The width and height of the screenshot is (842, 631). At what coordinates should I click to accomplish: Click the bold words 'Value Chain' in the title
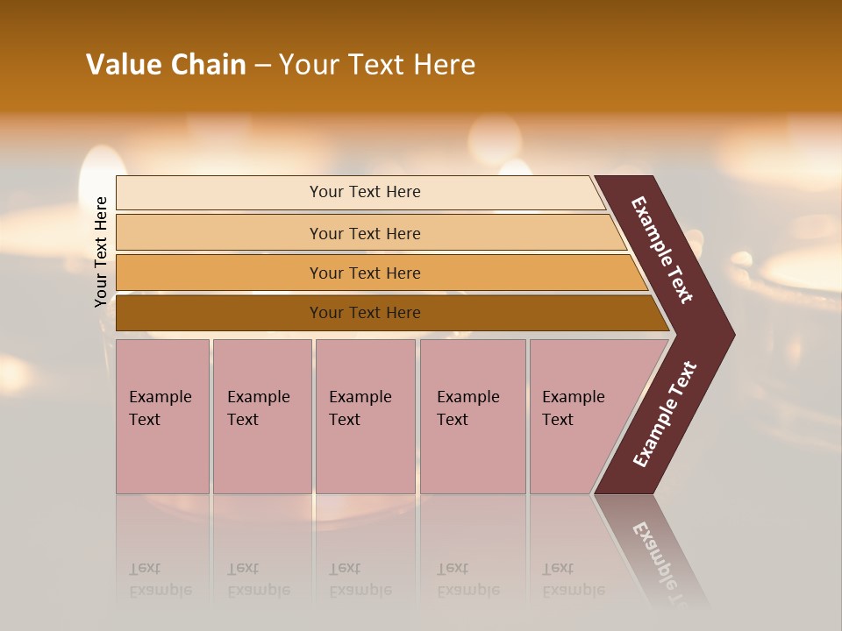point(166,65)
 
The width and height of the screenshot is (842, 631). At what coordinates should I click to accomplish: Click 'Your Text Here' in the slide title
point(377,65)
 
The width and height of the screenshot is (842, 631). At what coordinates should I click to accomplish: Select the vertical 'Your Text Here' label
point(101,252)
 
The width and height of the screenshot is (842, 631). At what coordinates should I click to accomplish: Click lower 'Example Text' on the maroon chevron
point(665,415)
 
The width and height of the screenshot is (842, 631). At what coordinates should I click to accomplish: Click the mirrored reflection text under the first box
point(160,580)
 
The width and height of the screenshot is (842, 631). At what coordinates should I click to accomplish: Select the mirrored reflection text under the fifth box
point(573,580)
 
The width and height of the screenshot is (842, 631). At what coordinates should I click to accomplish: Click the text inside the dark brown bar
point(365,313)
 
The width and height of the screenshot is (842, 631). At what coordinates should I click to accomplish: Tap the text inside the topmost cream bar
point(365,192)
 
